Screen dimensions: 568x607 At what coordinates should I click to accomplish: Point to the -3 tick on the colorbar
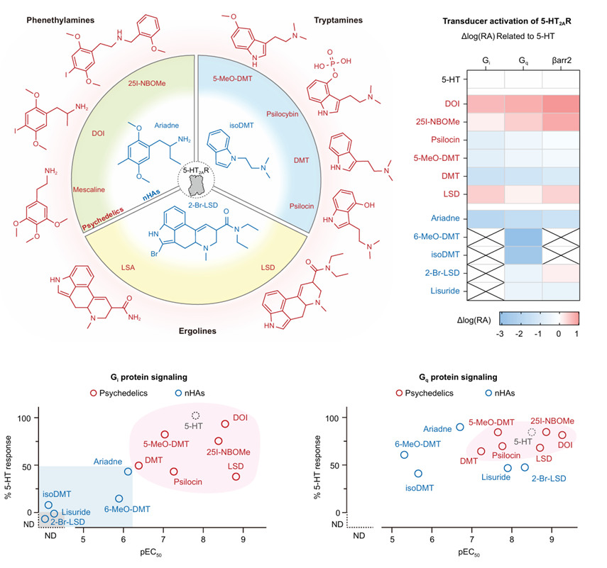pos(503,333)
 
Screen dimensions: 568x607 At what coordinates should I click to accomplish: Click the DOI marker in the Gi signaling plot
pos(225,424)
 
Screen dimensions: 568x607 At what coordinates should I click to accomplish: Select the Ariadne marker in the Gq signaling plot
pos(460,427)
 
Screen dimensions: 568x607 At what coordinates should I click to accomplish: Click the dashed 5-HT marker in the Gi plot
pos(197,416)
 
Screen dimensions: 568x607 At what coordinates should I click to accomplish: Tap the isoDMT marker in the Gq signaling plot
pos(418,473)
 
